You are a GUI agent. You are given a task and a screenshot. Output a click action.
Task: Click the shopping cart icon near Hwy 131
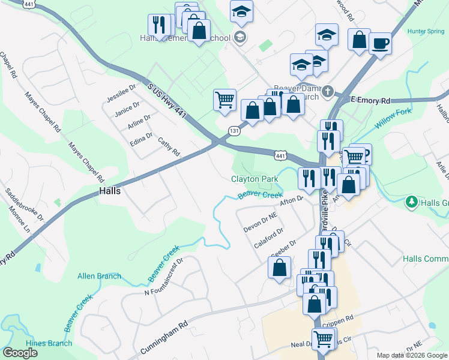tap(224, 100)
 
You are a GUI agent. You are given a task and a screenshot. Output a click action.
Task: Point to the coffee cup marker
tap(379, 43)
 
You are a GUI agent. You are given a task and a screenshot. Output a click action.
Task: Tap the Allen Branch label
tap(99, 276)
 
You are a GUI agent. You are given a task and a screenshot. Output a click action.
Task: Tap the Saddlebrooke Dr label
tap(25, 205)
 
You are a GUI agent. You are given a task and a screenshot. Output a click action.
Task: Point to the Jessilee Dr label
tap(118, 94)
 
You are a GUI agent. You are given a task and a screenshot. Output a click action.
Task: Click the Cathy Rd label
tap(169, 146)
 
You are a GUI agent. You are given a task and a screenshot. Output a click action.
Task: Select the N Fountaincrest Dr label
tap(163, 277)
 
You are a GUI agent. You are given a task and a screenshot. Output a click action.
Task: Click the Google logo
tap(20, 353)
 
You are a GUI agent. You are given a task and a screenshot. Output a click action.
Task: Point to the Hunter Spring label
tap(425, 31)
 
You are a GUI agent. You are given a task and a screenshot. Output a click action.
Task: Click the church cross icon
tap(327, 92)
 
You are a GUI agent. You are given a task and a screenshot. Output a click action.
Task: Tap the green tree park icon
tap(411, 202)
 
